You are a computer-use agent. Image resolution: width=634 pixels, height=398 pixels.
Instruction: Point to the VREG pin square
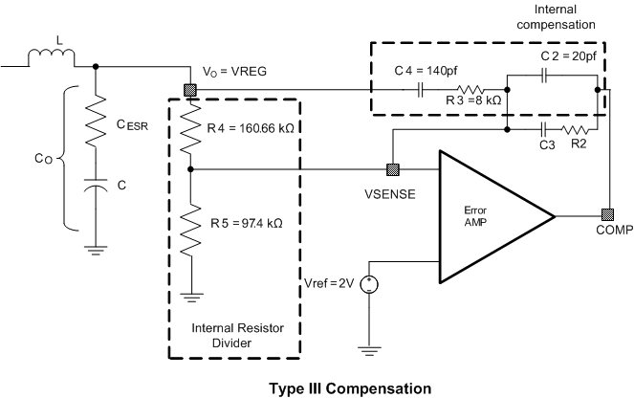tap(189, 91)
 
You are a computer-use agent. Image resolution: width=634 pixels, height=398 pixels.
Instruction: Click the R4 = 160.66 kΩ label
tap(251, 126)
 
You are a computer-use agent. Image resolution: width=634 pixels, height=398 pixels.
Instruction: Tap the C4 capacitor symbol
tap(421, 91)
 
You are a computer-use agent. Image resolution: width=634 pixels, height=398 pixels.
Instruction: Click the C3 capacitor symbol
tap(544, 129)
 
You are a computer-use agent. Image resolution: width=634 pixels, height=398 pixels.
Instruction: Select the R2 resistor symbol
tap(576, 129)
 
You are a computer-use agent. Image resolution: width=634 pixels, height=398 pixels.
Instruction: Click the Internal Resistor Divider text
tap(234, 336)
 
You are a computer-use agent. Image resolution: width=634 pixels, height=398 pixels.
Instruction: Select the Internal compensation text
tap(555, 15)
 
